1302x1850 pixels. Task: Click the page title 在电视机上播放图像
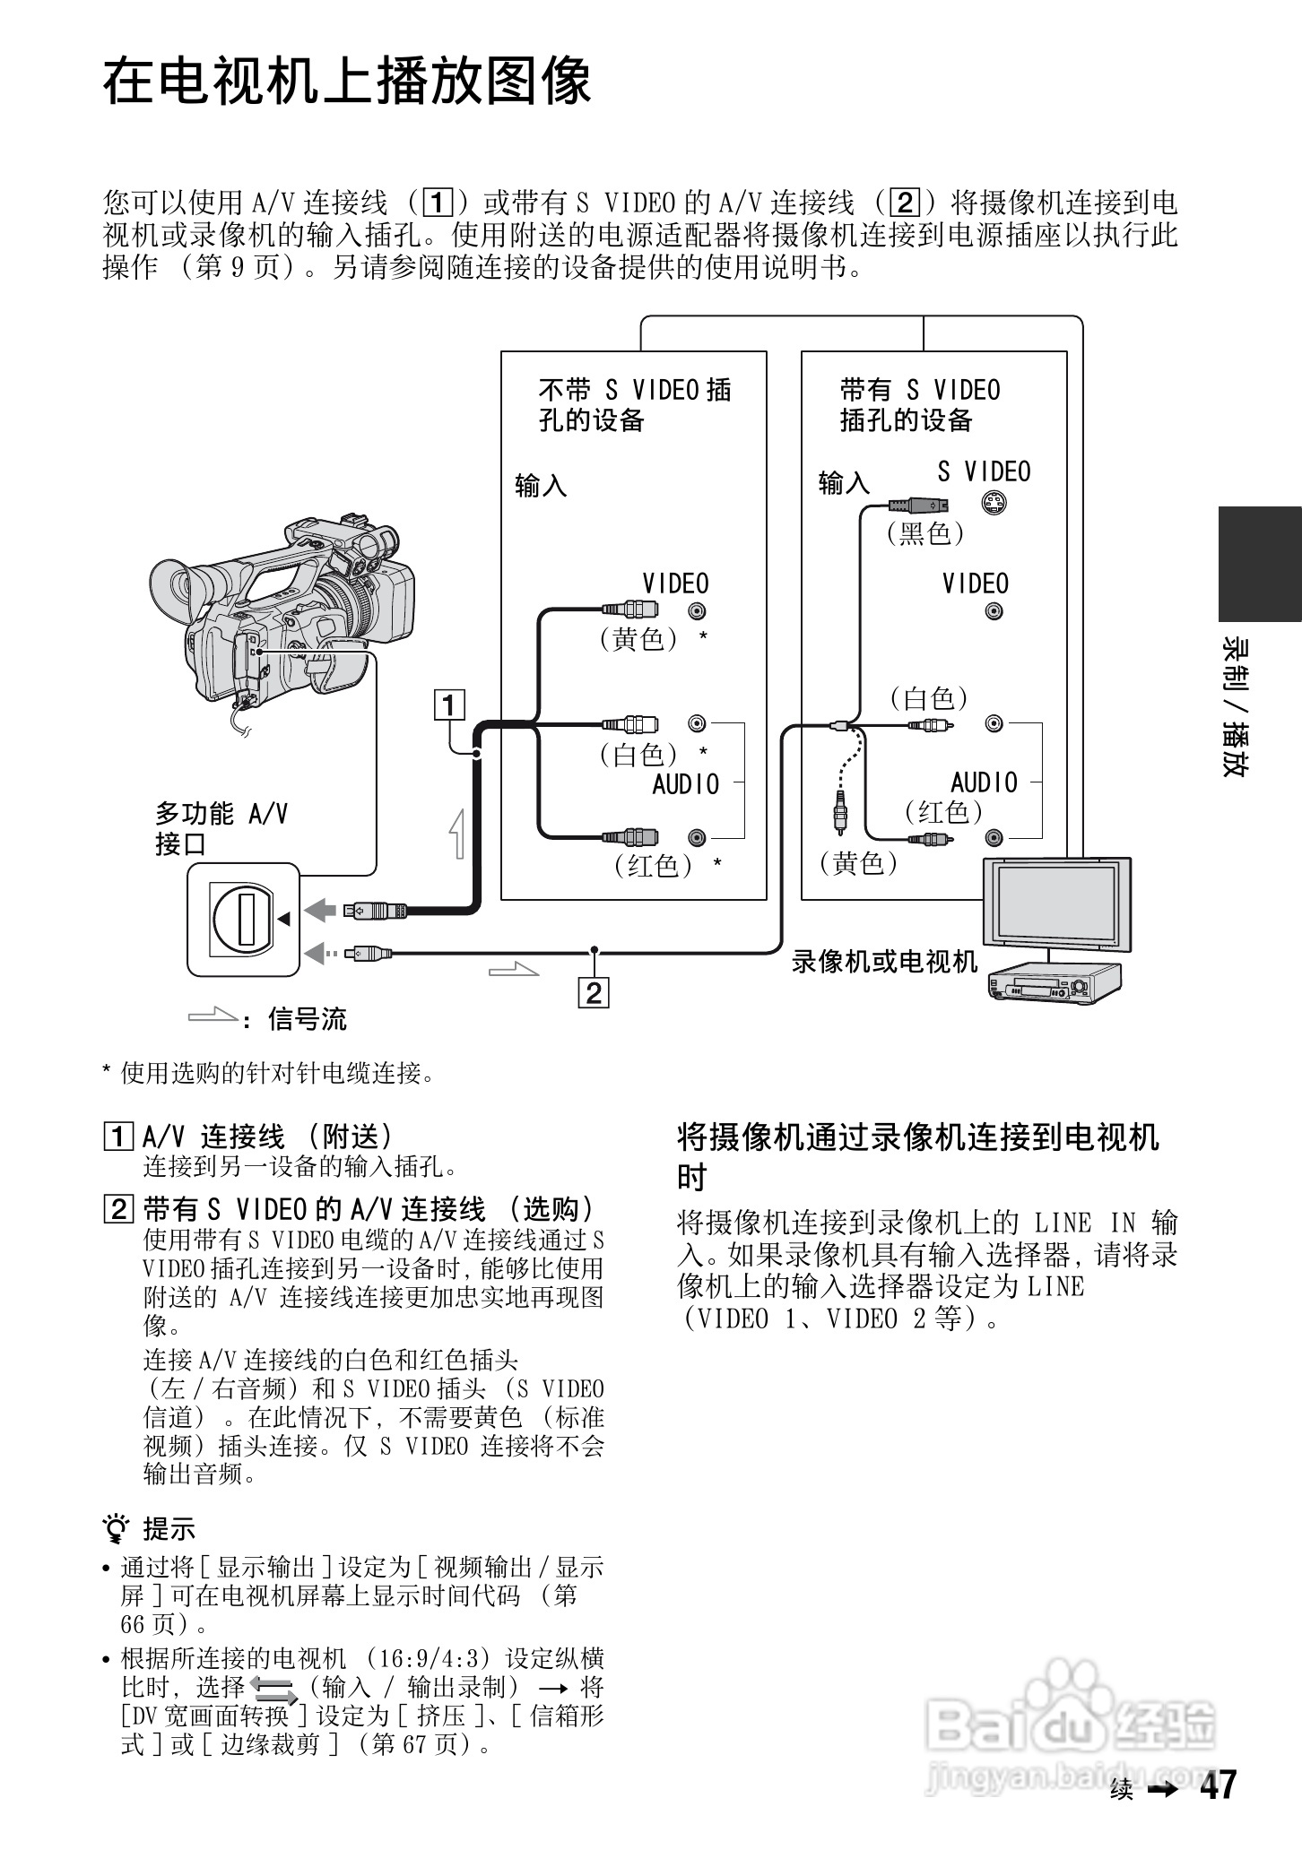click(x=347, y=82)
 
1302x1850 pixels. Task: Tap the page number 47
click(x=1218, y=1785)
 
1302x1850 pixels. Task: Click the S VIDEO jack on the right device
click(x=992, y=504)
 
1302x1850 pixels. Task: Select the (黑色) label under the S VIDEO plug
click(x=925, y=534)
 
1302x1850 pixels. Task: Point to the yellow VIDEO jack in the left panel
click(x=697, y=611)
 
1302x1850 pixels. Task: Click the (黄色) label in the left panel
click(x=639, y=639)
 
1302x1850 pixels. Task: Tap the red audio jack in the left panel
click(x=697, y=838)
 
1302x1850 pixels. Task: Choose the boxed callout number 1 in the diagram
click(x=449, y=705)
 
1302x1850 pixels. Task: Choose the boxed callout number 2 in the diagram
click(x=595, y=993)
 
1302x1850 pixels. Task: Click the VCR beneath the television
click(x=1055, y=983)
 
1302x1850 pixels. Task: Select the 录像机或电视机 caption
click(x=884, y=962)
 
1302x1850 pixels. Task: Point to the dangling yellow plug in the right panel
click(x=840, y=812)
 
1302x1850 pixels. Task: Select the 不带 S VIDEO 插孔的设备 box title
click(x=634, y=404)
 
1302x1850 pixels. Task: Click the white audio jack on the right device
click(x=994, y=723)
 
